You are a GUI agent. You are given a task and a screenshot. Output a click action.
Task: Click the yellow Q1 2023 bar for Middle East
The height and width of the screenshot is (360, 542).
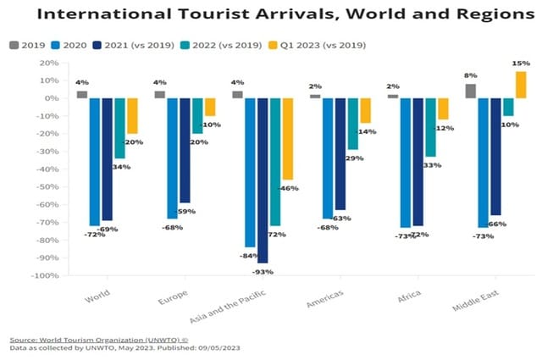pos(520,85)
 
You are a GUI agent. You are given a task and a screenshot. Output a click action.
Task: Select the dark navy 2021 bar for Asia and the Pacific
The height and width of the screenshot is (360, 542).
pos(263,180)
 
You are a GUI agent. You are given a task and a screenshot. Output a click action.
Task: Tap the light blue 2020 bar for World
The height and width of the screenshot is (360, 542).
pos(95,162)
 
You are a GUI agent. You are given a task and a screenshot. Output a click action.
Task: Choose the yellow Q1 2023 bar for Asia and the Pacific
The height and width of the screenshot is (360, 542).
pos(288,139)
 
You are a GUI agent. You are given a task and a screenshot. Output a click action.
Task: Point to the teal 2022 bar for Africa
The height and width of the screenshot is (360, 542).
pos(430,127)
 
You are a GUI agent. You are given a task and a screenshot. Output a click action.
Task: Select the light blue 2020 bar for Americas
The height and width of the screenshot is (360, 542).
pos(327,158)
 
